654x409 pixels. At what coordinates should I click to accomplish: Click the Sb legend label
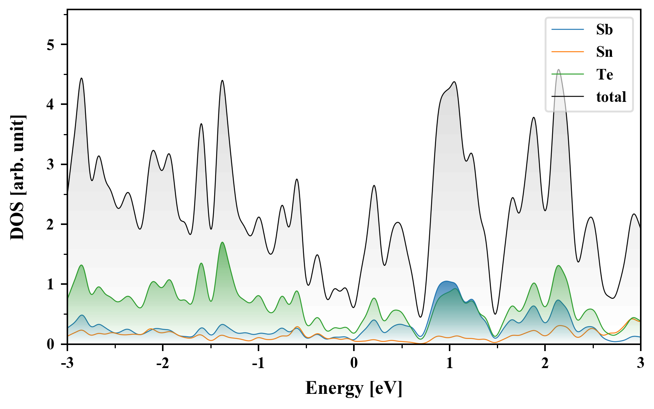(x=604, y=30)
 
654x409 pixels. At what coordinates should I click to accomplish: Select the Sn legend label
(x=604, y=52)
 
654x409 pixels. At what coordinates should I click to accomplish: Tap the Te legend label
(x=604, y=74)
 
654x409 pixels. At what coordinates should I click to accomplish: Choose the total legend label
(x=611, y=97)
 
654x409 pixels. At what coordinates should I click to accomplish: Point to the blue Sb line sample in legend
(x=568, y=30)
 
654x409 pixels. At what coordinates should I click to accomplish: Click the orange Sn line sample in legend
(x=568, y=52)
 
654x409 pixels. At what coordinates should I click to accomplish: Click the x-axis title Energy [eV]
(x=354, y=388)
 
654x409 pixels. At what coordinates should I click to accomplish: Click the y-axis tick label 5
(x=51, y=45)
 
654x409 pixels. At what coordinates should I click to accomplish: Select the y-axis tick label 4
(x=51, y=105)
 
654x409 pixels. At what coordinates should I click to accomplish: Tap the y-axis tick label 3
(x=51, y=164)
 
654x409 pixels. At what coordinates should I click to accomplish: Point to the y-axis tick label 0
(x=51, y=344)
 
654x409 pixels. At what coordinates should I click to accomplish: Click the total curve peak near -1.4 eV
(x=222, y=80)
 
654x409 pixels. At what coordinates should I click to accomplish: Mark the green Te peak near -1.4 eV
(x=222, y=242)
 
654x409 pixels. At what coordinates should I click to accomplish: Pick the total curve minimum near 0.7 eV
(x=420, y=317)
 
